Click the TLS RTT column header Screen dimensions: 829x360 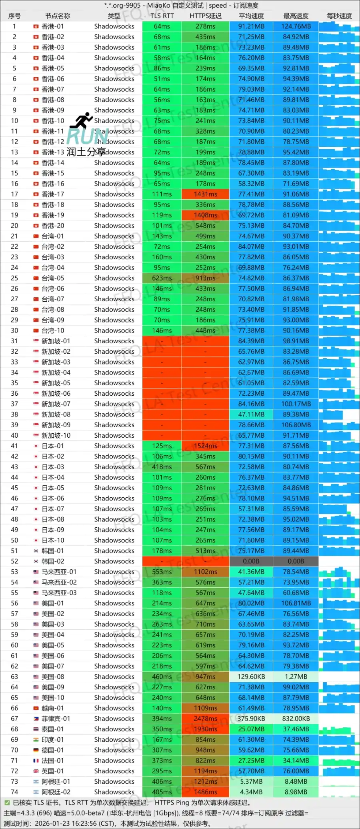162,16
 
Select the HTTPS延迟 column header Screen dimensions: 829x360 206,16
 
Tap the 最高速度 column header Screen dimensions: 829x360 296,16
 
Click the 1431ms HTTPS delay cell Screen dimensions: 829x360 206,194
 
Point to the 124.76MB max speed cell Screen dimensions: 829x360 296,26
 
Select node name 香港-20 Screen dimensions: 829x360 53,226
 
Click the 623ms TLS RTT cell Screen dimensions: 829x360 162,278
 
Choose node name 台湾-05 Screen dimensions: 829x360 53,278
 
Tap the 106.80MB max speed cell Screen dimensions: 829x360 296,425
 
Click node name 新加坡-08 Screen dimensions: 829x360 56,414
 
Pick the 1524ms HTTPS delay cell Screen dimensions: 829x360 206,446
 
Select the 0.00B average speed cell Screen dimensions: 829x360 251,561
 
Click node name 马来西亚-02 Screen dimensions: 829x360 59,582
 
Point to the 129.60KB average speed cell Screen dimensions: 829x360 251,677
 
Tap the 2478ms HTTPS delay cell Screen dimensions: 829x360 206,719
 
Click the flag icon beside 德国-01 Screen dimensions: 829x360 36,750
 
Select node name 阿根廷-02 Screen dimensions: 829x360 56,792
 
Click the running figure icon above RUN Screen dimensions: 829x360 84,120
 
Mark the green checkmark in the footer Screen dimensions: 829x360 7,802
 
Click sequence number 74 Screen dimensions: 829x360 14,792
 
